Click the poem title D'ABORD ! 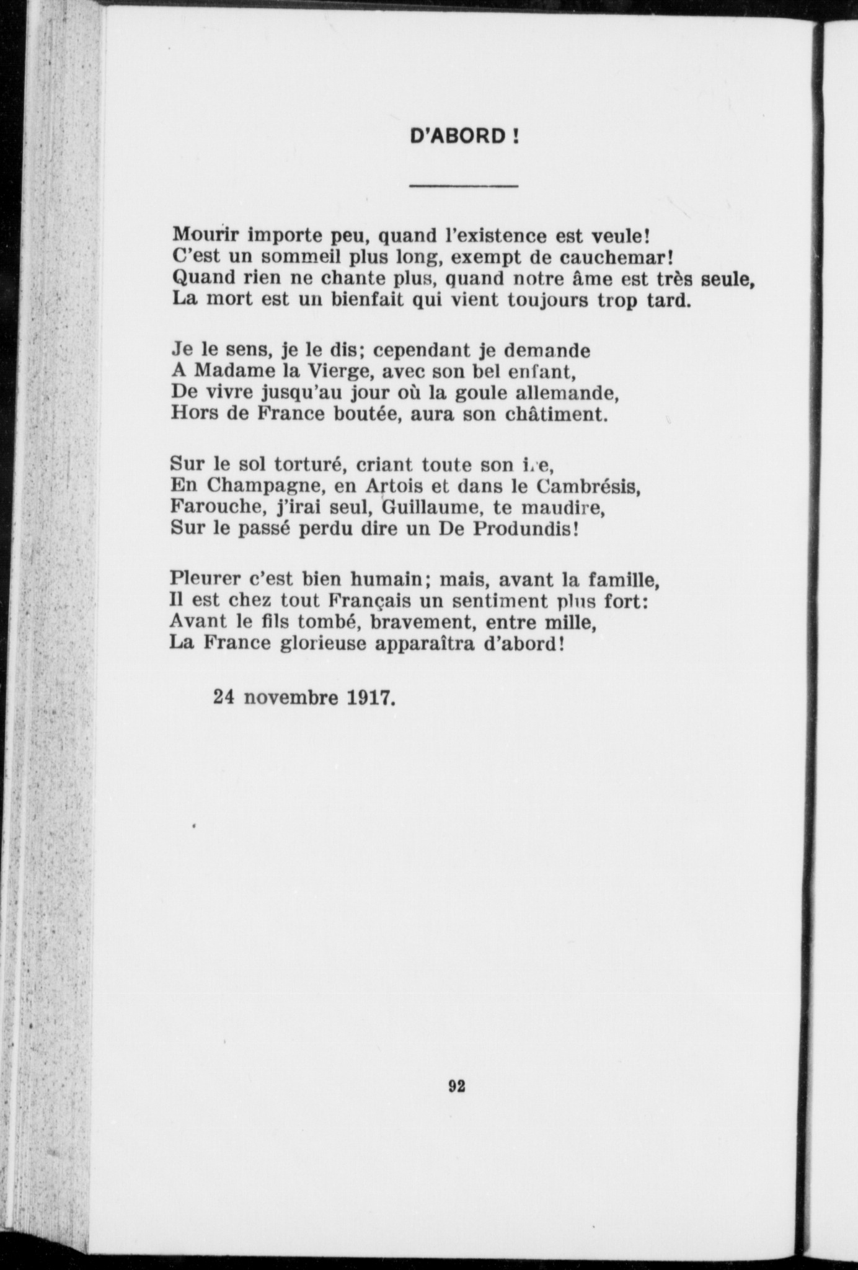click(464, 136)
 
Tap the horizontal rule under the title click(464, 185)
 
